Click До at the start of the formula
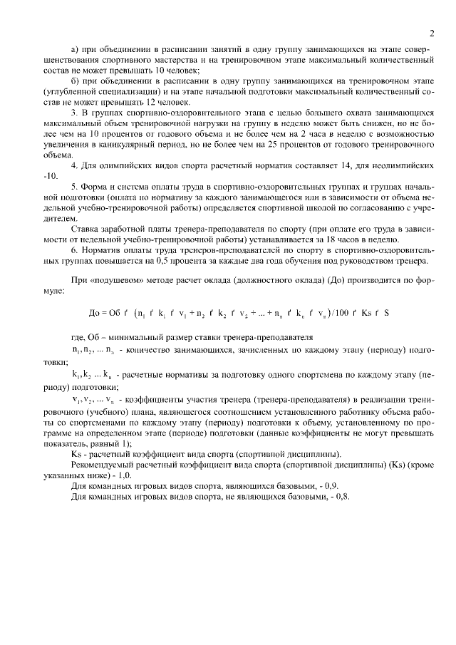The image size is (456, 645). pos(94,313)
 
